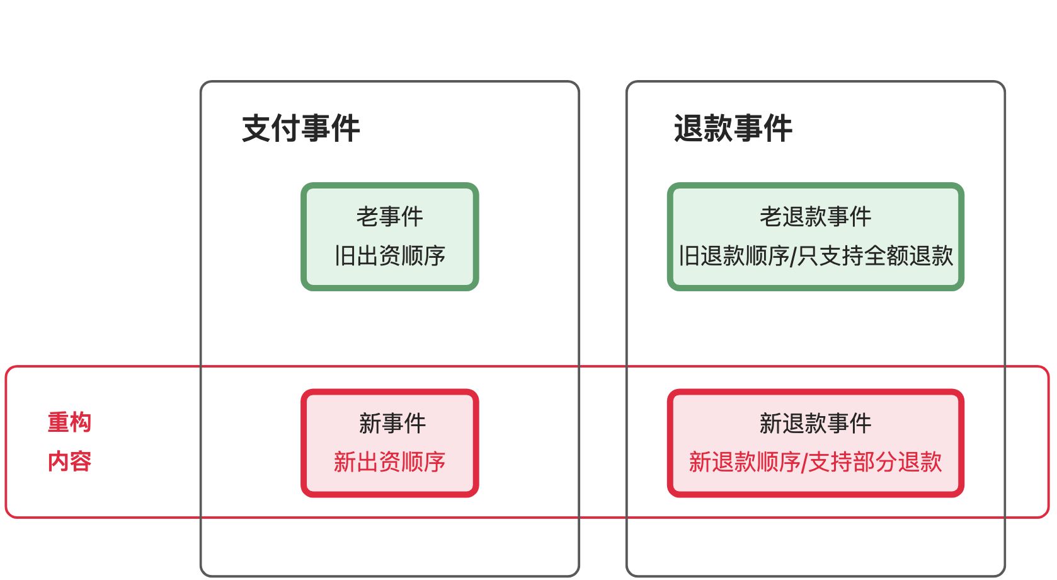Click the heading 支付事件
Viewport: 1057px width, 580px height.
point(300,129)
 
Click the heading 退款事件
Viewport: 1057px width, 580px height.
point(733,129)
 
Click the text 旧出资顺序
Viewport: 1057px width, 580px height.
point(390,256)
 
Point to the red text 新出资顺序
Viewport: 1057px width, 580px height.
point(390,462)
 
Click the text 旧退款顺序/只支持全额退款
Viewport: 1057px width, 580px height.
point(815,256)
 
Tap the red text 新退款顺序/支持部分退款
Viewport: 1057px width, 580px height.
point(815,462)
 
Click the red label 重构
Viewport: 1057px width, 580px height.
point(69,422)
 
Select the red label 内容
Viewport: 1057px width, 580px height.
point(69,461)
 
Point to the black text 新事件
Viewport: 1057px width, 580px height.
point(392,423)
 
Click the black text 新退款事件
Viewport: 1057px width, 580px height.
point(815,423)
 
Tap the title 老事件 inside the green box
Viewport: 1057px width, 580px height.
point(390,217)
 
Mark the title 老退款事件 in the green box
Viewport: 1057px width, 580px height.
point(815,217)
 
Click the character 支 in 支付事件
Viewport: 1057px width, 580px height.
point(256,129)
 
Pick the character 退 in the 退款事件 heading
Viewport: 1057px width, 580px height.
point(688,129)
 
